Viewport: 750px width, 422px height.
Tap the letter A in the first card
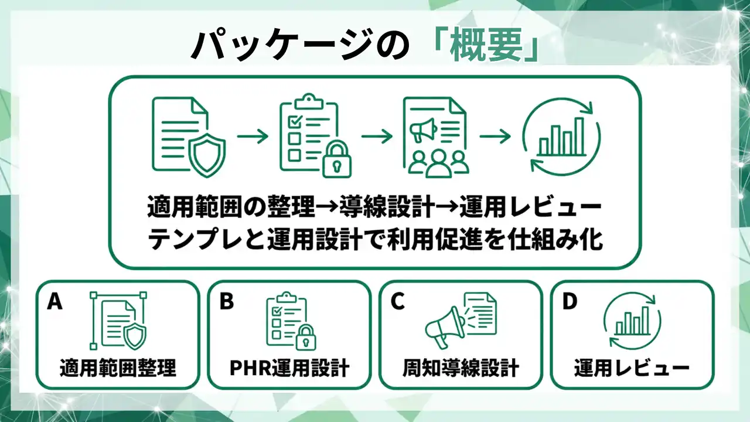tap(54, 301)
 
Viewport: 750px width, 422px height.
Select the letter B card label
tap(226, 301)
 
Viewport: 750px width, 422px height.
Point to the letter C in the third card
tap(398, 301)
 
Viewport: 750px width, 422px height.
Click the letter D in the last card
tap(570, 301)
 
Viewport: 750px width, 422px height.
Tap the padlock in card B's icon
tap(304, 338)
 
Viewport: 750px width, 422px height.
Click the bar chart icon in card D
tap(632, 321)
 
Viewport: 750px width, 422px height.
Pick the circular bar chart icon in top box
tap(561, 137)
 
